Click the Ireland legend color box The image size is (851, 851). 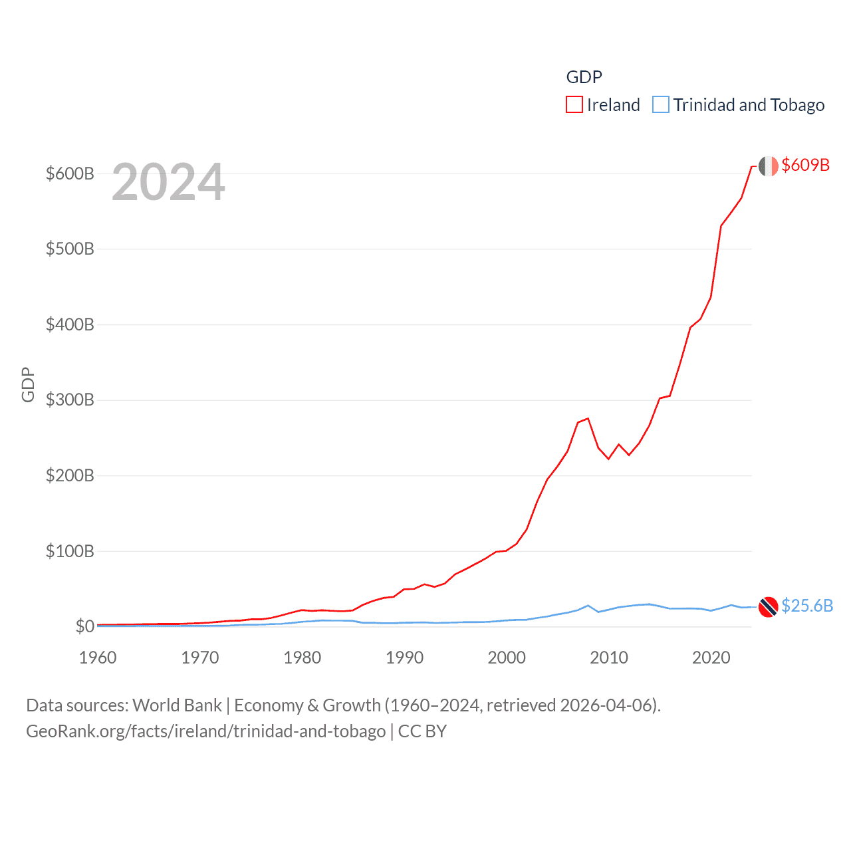tap(574, 105)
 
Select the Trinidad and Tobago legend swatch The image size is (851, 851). tap(661, 105)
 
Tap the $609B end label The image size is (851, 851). tap(805, 165)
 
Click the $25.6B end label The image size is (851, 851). tap(807, 606)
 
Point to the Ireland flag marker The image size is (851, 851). tap(769, 166)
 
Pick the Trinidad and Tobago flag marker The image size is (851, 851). tap(769, 607)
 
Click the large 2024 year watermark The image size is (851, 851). tap(168, 182)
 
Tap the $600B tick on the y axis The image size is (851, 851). tap(70, 174)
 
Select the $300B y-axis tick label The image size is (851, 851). tap(70, 400)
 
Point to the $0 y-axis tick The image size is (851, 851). tap(84, 626)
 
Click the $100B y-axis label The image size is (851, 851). tap(70, 551)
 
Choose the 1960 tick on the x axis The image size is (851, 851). tap(98, 658)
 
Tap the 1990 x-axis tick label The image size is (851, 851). tap(404, 658)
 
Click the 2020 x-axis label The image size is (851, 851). tap(711, 658)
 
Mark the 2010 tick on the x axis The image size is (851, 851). tap(609, 658)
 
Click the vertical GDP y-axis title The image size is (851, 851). tap(28, 384)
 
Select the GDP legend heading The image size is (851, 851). tap(584, 77)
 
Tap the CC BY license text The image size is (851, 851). tap(422, 731)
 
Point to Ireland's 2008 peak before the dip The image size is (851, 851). tap(588, 418)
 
